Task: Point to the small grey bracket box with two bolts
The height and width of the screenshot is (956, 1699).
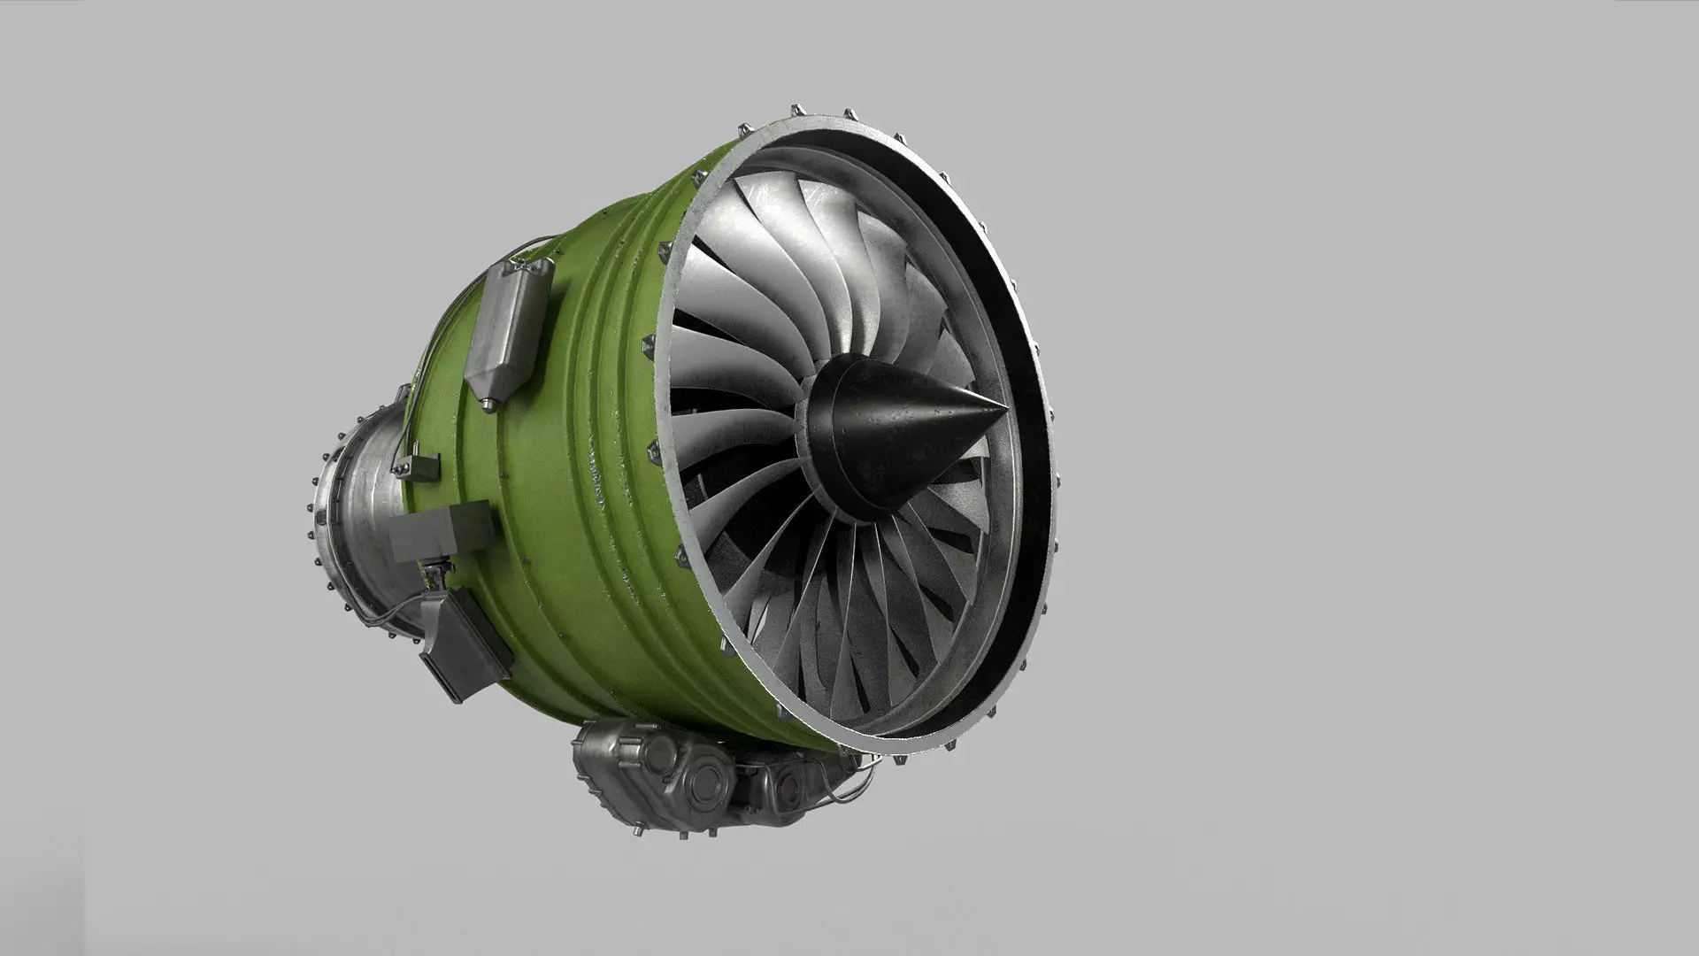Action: [420, 466]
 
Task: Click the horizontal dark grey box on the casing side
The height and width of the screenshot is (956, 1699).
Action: [441, 532]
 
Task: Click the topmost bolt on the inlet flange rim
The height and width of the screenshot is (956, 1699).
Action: [796, 109]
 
